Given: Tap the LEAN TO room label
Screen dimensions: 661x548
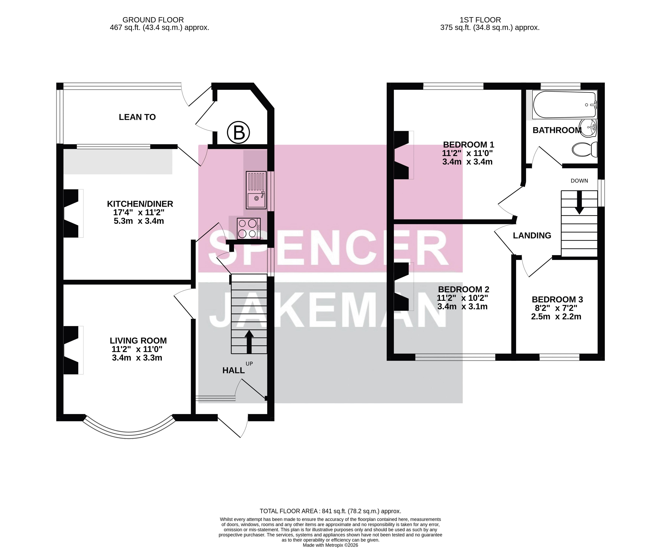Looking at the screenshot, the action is coord(137,117).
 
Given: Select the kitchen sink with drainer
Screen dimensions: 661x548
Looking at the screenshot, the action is coord(256,190).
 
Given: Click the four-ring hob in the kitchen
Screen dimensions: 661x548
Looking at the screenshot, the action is coord(249,229).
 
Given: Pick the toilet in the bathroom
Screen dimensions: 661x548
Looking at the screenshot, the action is coord(584,149).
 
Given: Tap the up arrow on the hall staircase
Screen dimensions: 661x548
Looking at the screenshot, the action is coord(249,342).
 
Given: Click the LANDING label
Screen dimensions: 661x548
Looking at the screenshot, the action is coord(532,235).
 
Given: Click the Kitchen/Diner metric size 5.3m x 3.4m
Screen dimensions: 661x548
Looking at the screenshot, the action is coord(139,221).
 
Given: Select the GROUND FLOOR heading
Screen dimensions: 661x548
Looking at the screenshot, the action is coord(153,20).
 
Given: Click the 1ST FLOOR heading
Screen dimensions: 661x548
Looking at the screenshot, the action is coord(480,20).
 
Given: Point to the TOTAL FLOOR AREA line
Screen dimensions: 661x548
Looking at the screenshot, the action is coord(330,511).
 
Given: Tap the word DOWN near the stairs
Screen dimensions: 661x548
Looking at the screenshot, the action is coord(579,181).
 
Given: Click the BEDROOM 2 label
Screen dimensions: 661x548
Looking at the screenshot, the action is coord(464,289).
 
